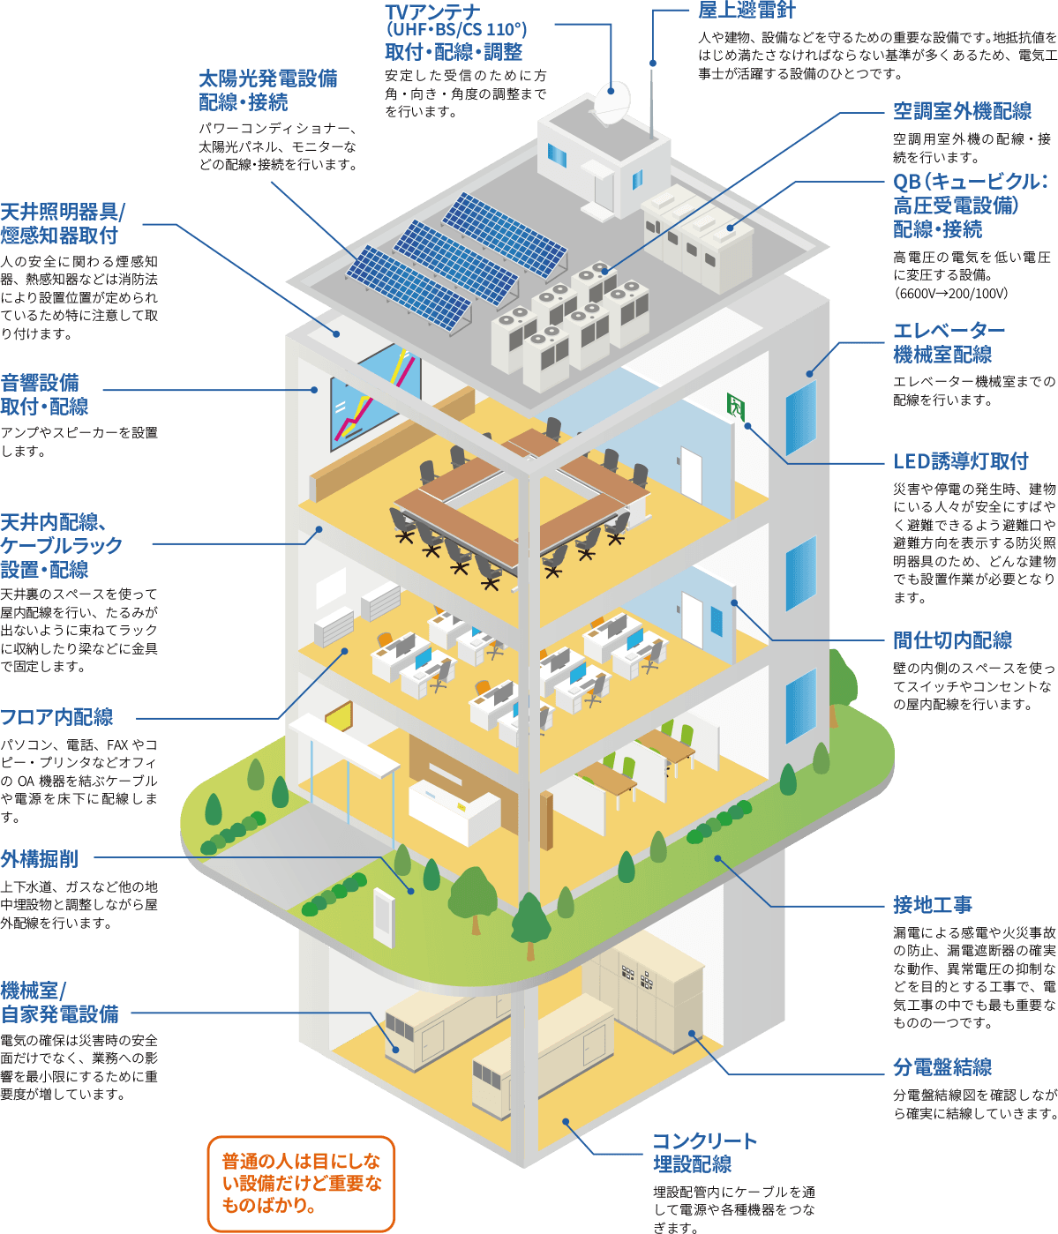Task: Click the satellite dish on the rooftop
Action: pyautogui.click(x=612, y=102)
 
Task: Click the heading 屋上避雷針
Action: pyautogui.click(x=746, y=11)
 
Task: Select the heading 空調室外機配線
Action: pyautogui.click(x=962, y=111)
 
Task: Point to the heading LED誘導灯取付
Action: pyautogui.click(x=960, y=461)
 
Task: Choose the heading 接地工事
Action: pyautogui.click(x=932, y=905)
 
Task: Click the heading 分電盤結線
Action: pyautogui.click(x=942, y=1067)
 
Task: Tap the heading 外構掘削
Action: pyautogui.click(x=39, y=858)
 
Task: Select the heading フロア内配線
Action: pyautogui.click(x=56, y=717)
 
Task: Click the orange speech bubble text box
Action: pyautogui.click(x=301, y=1183)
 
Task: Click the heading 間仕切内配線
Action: pyautogui.click(x=952, y=640)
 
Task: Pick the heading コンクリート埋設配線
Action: pyautogui.click(x=704, y=1152)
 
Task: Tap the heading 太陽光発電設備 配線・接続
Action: pyautogui.click(x=267, y=90)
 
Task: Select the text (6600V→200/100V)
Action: pyautogui.click(x=950, y=294)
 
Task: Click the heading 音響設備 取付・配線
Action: pyautogui.click(x=44, y=394)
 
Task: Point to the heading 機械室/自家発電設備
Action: pyautogui.click(x=59, y=1002)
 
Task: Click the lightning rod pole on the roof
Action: pyautogui.click(x=652, y=88)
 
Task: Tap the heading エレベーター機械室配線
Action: pyautogui.click(x=948, y=342)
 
